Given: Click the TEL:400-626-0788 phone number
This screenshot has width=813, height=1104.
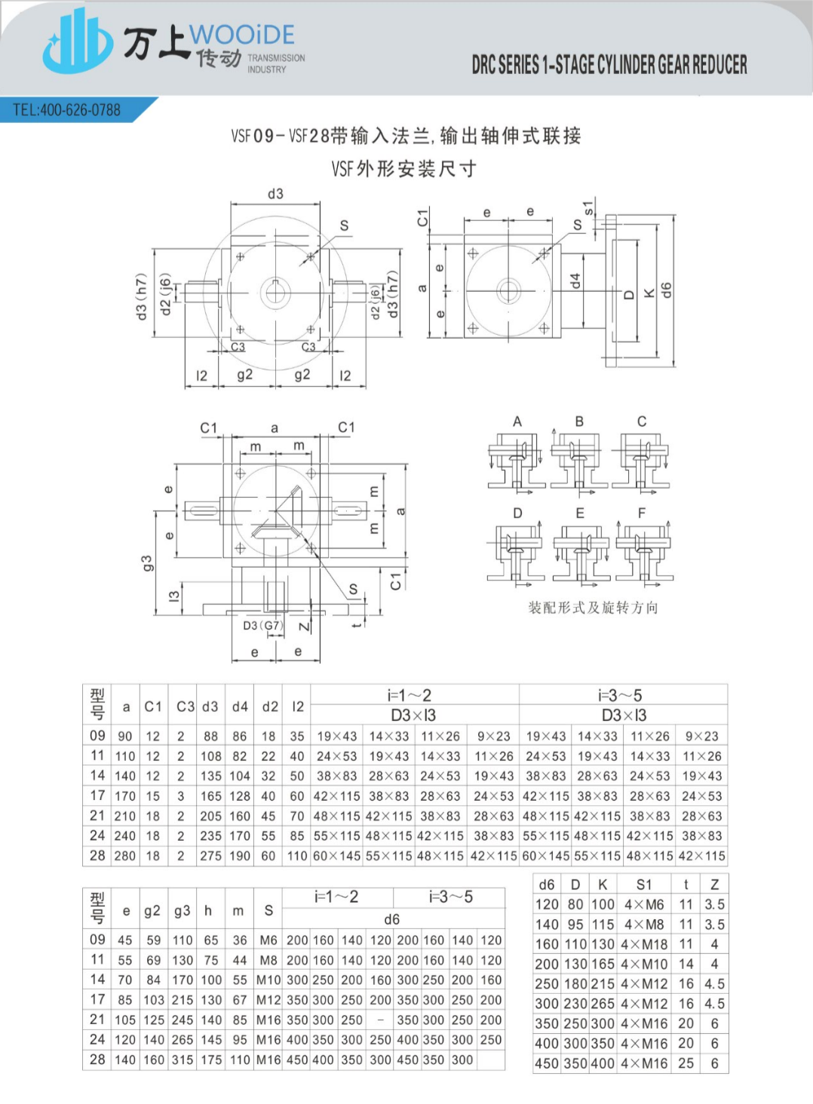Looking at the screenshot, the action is point(66,110).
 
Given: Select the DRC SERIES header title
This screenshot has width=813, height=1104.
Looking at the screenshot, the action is point(609,65).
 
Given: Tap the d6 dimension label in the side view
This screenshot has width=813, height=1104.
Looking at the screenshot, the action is point(666,291).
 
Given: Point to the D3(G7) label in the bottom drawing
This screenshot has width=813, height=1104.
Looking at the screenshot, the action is point(262,625).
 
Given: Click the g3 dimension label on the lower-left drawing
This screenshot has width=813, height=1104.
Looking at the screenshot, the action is point(147,563).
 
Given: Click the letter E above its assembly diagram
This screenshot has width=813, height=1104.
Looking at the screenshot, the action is point(580,513).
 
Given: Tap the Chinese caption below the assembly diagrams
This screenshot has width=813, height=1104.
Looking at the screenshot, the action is point(593,608).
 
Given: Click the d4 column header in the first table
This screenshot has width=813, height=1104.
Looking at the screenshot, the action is point(240,707).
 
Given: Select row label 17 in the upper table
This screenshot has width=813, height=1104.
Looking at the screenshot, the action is point(97,796).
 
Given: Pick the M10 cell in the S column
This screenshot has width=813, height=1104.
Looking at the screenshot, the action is point(268,980).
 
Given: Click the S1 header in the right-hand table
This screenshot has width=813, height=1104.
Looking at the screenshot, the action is point(644,885).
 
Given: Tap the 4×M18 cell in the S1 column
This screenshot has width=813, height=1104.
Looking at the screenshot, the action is point(644,944).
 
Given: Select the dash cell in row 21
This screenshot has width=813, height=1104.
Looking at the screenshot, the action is point(381,1020).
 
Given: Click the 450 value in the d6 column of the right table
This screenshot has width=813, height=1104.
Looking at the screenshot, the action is point(547,1064).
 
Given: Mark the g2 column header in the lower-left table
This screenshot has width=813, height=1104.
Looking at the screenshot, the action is point(152,911).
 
